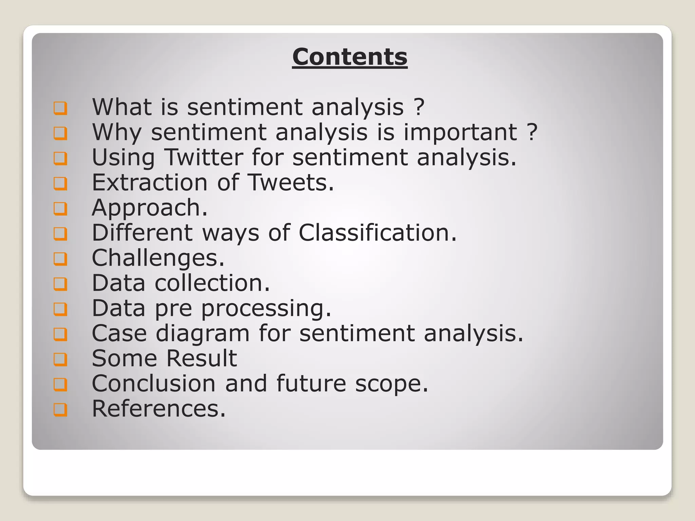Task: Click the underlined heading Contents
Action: click(350, 57)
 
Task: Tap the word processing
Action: click(266, 308)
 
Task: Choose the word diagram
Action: click(203, 333)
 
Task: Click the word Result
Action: click(201, 359)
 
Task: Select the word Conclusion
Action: click(154, 384)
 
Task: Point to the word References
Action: click(158, 409)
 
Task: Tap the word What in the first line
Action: click(122, 107)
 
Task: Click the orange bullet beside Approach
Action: click(60, 208)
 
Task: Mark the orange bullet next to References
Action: click(60, 409)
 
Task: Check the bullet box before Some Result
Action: click(60, 359)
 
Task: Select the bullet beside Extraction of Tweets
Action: click(60, 183)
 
